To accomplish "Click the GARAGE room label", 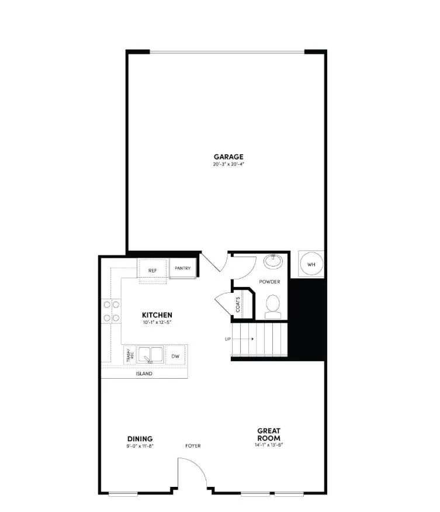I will (x=228, y=157).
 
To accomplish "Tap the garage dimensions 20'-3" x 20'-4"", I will (x=228, y=164).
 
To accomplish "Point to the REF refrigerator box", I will (x=153, y=270).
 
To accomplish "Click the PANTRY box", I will (x=183, y=268).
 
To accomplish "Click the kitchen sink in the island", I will (x=150, y=354).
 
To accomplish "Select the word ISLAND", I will (x=144, y=373).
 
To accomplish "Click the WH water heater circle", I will (x=311, y=264).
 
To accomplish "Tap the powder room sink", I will (x=273, y=261).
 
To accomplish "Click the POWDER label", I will (x=269, y=282).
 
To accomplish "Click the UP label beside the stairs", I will (x=228, y=339).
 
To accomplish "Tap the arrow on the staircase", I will (x=246, y=339).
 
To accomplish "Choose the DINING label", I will (x=140, y=438).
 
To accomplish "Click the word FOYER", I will (x=193, y=446).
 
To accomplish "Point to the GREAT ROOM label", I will (x=269, y=434).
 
